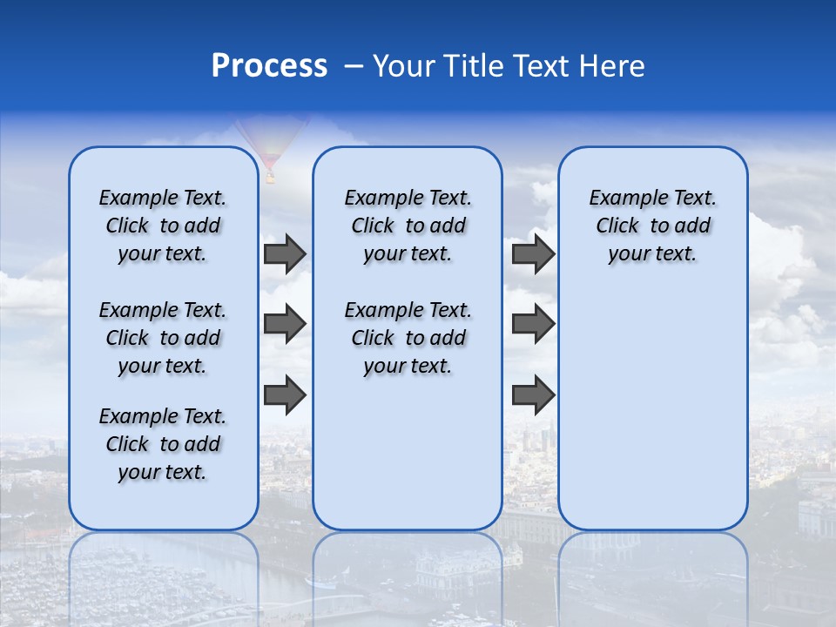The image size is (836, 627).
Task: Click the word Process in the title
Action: coord(269,66)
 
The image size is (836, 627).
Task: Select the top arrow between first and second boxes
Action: coord(285,254)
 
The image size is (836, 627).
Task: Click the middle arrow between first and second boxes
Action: coord(285,325)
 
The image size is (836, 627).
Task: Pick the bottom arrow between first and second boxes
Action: coord(285,394)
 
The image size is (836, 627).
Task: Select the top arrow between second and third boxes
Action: coord(533,254)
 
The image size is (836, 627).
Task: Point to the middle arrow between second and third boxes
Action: coord(533,325)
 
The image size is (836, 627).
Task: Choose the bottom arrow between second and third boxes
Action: coord(533,394)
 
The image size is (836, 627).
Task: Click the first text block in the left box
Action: coord(163,226)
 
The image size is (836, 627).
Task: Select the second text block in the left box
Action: coord(163,338)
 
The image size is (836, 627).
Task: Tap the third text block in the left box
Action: coord(163,444)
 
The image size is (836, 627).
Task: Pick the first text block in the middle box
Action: coord(408,226)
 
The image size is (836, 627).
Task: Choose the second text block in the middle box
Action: coord(408,338)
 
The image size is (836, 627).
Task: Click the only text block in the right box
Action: coord(652,226)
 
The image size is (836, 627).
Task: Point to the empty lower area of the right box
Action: coord(652,409)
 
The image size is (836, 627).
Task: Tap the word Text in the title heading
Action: coord(539,66)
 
